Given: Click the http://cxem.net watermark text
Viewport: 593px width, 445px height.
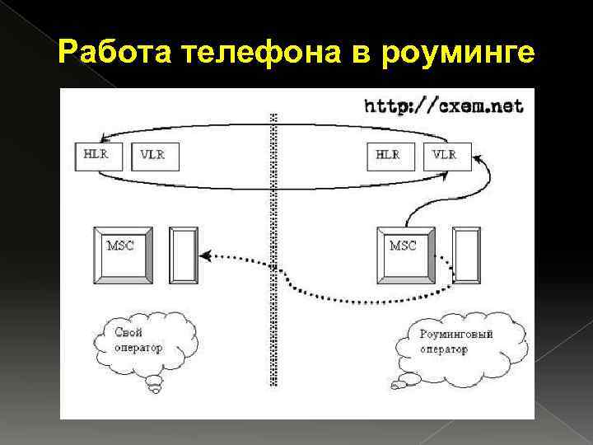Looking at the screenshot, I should pos(443,105).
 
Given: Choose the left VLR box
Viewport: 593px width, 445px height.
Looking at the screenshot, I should pos(152,155).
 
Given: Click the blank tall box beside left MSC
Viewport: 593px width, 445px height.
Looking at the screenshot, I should pos(184,255).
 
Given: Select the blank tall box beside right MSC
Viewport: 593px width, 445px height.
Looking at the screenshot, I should pos(467,255).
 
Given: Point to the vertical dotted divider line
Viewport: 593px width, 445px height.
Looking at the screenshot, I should pos(272,247).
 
